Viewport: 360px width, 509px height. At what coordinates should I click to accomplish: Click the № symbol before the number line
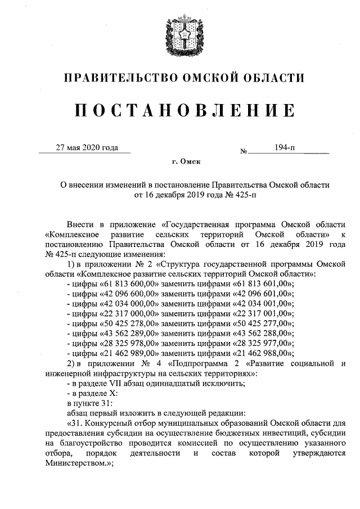pyautogui.click(x=244, y=151)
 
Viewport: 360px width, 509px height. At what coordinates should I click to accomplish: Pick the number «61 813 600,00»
pyautogui.click(x=123, y=283)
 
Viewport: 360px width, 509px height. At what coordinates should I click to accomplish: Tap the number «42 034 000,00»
pyautogui.click(x=123, y=303)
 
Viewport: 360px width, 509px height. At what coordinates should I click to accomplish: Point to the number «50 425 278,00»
pyautogui.click(x=123, y=323)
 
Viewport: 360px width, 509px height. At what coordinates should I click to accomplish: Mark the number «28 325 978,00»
pyautogui.click(x=123, y=344)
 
